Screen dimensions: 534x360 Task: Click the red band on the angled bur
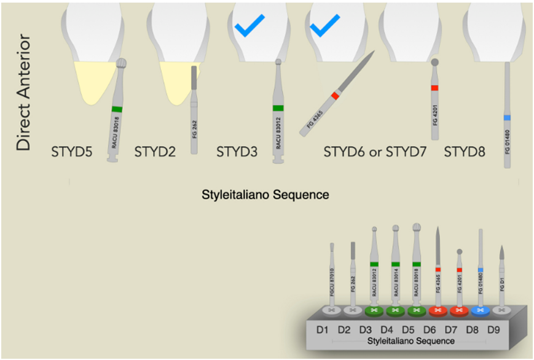[336, 95]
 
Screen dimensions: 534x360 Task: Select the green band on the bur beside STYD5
[117, 109]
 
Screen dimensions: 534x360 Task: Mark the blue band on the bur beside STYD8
[508, 117]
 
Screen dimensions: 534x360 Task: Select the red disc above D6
[438, 310]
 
